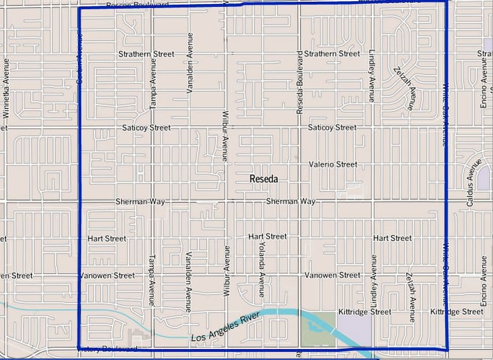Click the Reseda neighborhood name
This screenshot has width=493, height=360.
pos(263,179)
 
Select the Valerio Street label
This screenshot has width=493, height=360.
pos(333,164)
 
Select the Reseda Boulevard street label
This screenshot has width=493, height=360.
pos(300,82)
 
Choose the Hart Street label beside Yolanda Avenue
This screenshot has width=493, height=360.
pos(267,237)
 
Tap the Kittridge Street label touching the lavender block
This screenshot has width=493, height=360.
pos(364,312)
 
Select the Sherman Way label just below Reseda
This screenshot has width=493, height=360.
pos(290,201)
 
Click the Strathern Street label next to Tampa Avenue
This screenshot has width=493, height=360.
pos(146,54)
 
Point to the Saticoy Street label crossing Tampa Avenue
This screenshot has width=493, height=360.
pos(146,127)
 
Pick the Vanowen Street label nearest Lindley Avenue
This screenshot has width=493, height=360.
pos(333,275)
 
